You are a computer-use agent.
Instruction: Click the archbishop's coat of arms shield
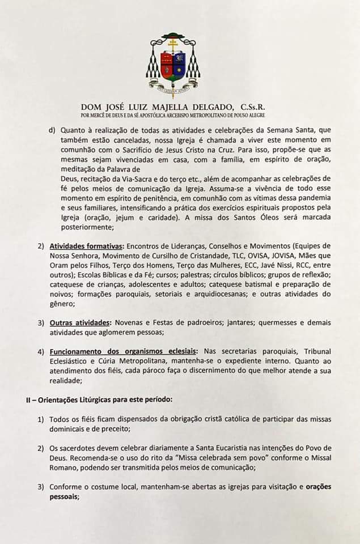(174, 65)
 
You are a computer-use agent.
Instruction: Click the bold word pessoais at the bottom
(65, 496)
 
